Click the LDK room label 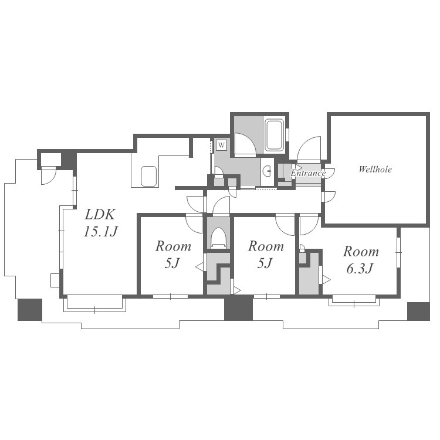[100, 215]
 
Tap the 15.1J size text [100, 232]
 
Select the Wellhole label [375, 169]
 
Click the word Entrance [308, 173]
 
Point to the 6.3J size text [360, 269]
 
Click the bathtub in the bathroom [275, 135]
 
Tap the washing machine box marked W [221, 145]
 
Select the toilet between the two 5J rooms [218, 238]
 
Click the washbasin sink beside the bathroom [267, 170]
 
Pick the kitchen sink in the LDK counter [148, 176]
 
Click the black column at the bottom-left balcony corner [30, 310]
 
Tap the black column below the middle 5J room [238, 309]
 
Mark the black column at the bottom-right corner [418, 311]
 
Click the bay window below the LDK [94, 303]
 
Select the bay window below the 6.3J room [354, 300]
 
